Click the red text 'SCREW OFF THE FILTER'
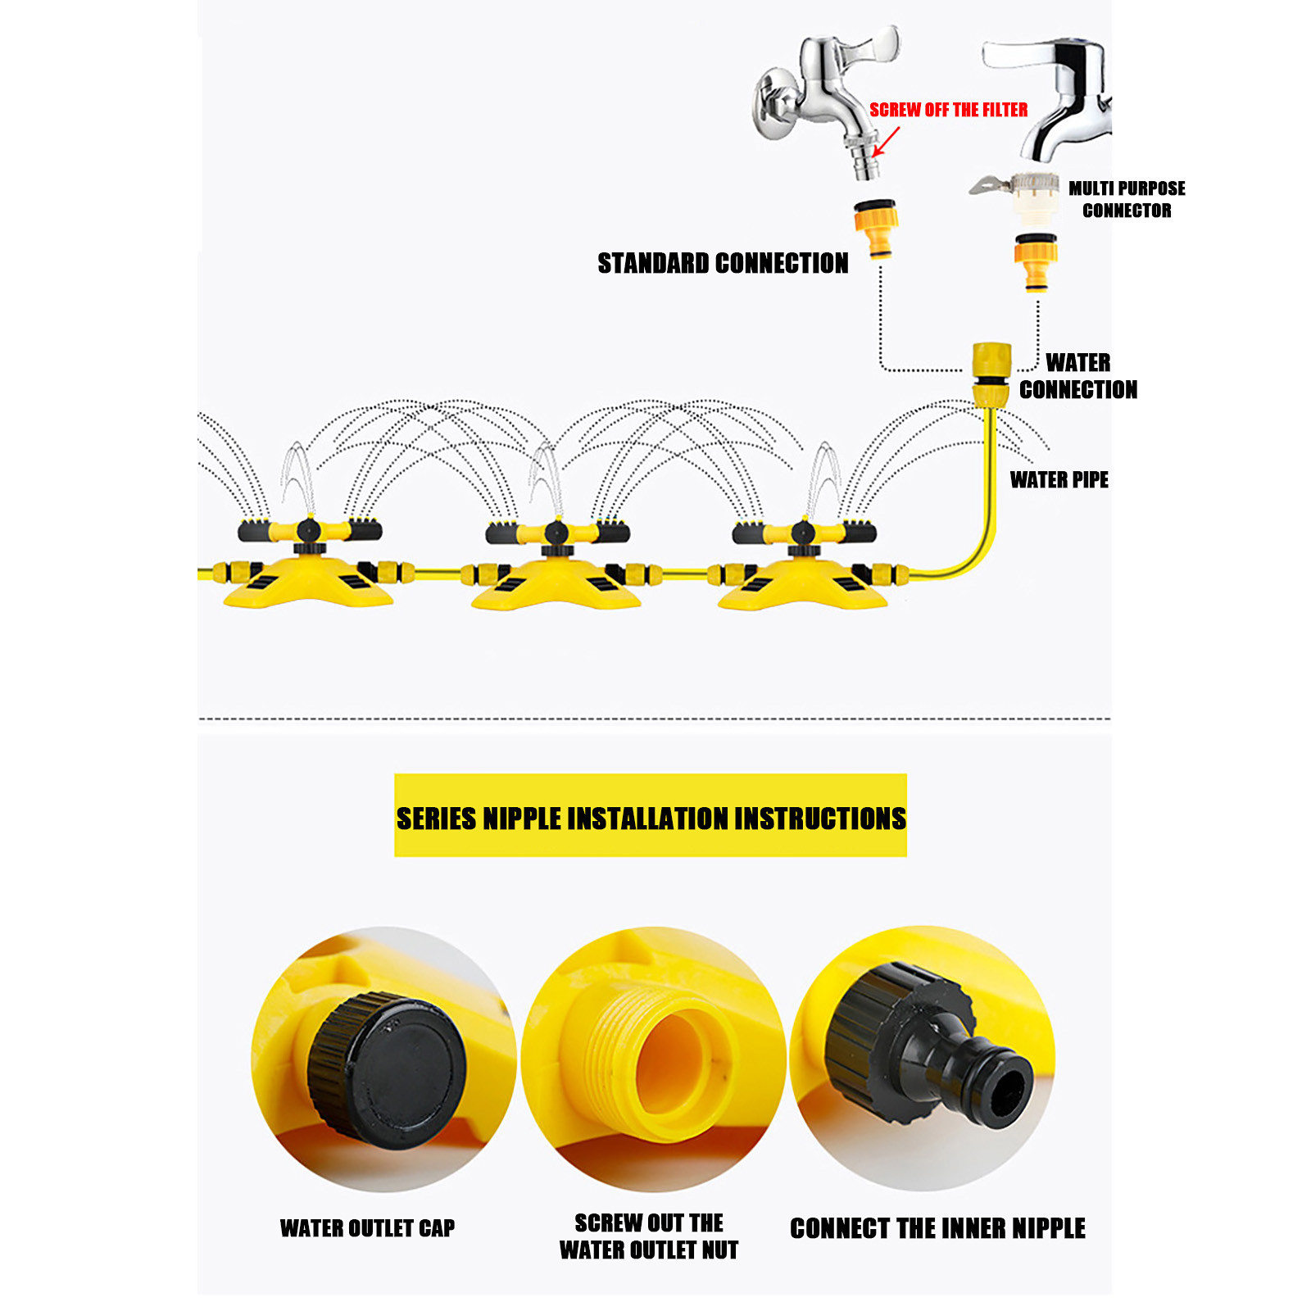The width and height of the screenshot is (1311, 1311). (x=948, y=110)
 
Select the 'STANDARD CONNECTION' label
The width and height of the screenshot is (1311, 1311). (x=723, y=263)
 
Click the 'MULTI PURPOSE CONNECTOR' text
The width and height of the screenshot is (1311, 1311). (x=1127, y=199)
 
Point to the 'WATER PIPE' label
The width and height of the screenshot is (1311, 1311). (x=1059, y=479)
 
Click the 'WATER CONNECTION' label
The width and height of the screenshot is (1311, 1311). (x=1077, y=375)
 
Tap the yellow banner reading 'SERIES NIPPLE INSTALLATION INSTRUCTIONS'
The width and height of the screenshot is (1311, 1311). (x=651, y=816)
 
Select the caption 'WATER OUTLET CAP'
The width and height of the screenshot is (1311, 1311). (x=367, y=1227)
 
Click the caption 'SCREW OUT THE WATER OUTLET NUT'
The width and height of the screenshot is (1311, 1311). (x=649, y=1236)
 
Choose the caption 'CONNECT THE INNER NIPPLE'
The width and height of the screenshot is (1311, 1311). (x=937, y=1228)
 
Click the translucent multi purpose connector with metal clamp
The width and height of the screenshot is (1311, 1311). (x=1028, y=194)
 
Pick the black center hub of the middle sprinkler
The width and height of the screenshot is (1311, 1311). (x=556, y=533)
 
